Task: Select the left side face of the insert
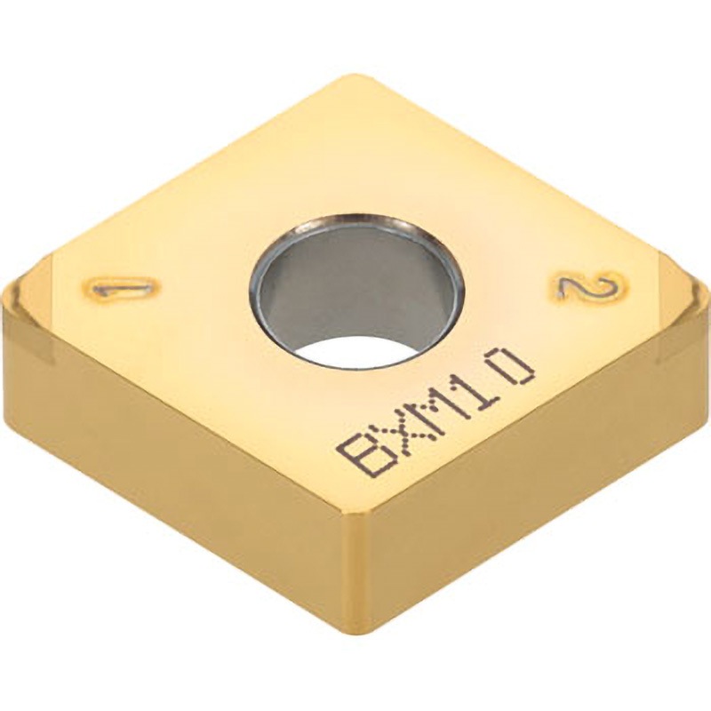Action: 178,489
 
